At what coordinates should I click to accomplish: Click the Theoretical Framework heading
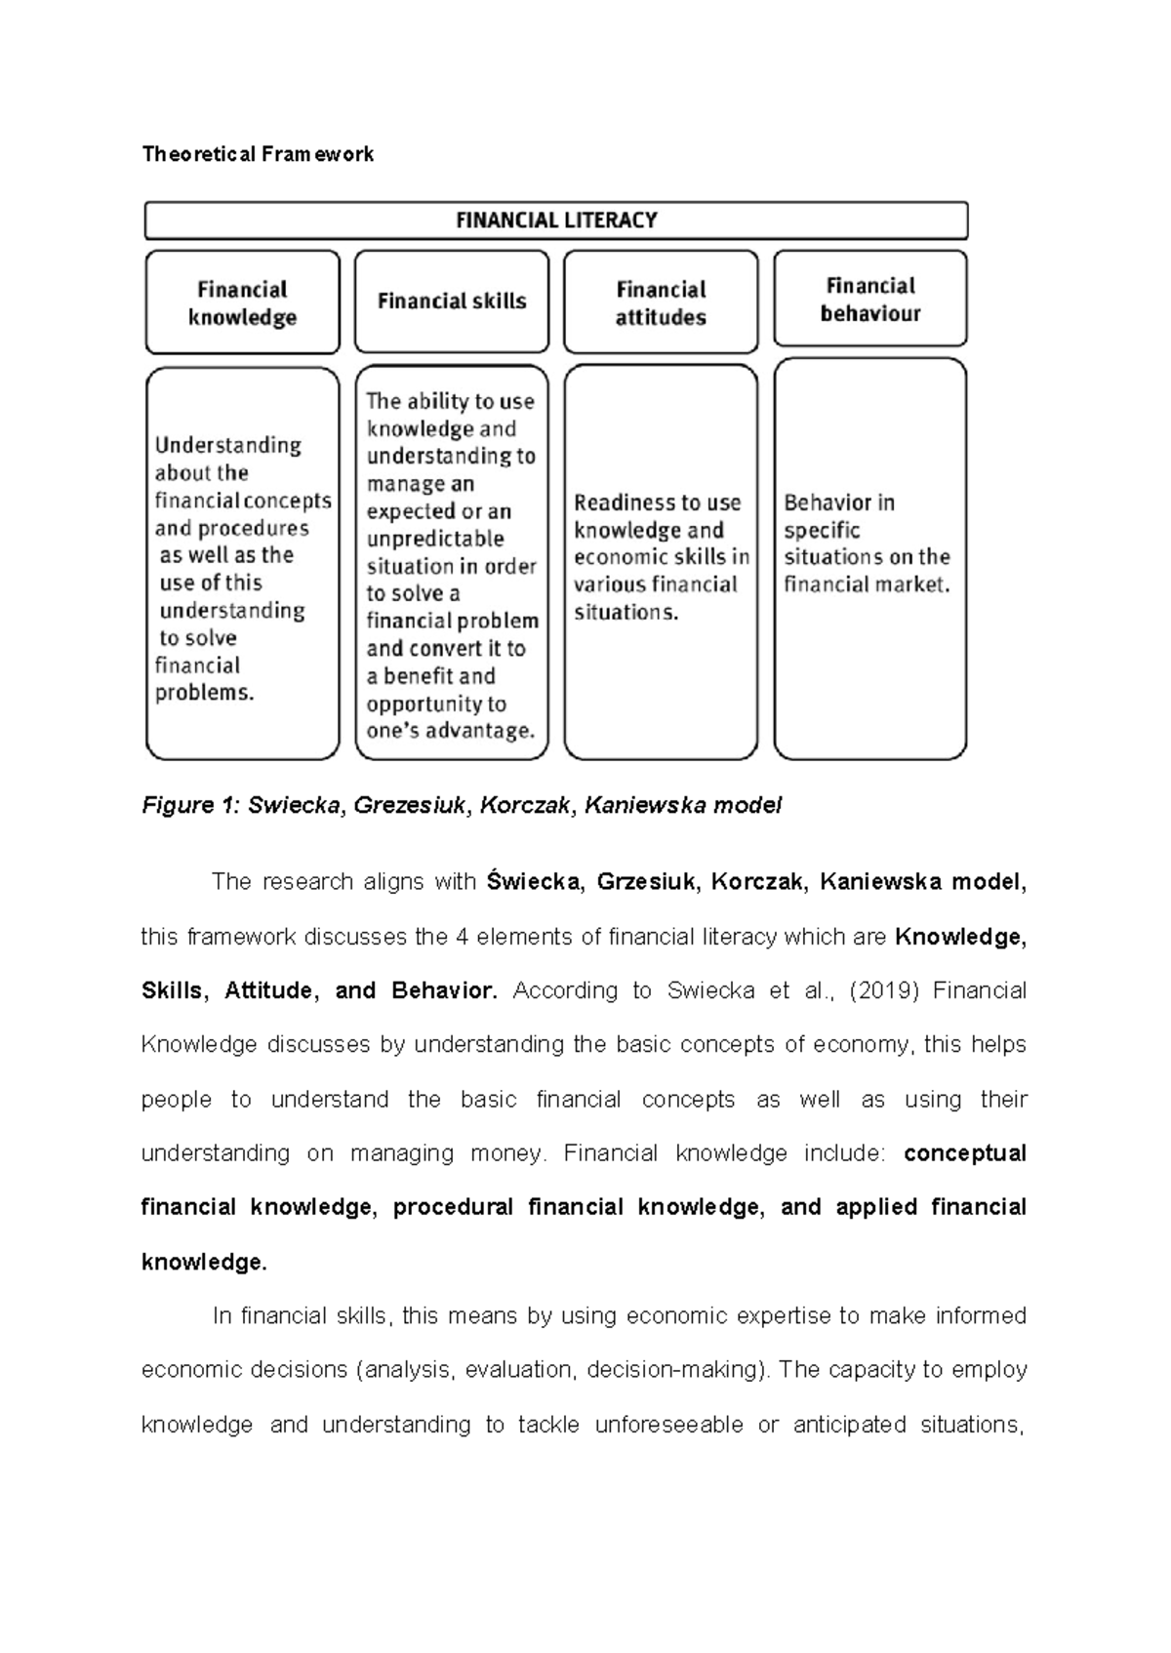coord(258,154)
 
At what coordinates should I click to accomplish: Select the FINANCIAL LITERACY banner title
coord(556,221)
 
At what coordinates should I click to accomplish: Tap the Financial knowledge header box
coord(242,302)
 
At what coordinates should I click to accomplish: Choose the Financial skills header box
coord(452,302)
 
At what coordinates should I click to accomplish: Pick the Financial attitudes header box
coord(661,302)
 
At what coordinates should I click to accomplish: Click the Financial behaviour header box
coord(870,299)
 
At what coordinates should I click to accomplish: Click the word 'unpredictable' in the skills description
coord(435,539)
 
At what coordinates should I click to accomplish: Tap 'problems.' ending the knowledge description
coord(204,693)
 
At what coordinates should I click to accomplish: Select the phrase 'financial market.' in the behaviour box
coord(867,585)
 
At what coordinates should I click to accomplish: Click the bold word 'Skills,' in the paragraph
coord(173,990)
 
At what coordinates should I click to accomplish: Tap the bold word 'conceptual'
coord(964,1153)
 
